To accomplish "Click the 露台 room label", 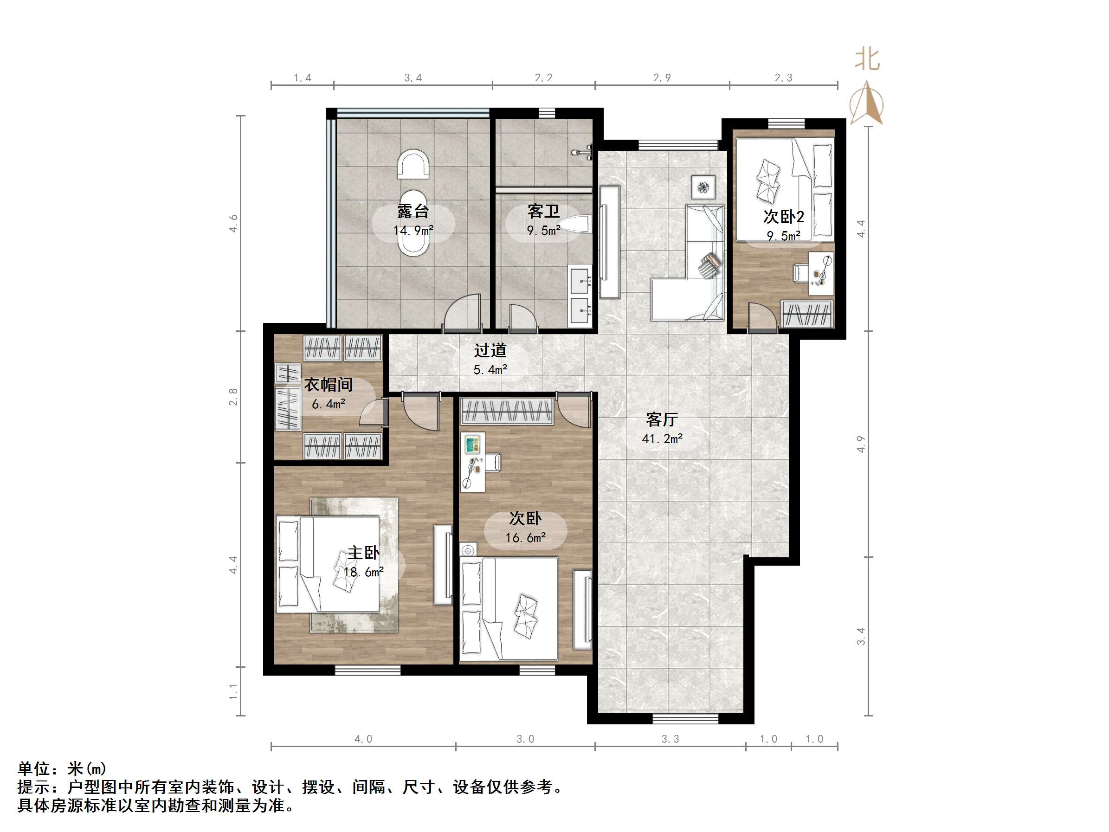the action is tap(413, 211).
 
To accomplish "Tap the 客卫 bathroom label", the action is tap(543, 211).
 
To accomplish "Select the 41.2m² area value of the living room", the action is tap(662, 439).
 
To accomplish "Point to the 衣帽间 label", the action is tap(329, 385).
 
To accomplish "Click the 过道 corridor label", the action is tap(490, 350).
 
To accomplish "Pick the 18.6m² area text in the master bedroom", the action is tap(364, 572).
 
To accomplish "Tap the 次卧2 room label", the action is tap(784, 216).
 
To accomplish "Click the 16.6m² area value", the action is tap(525, 538).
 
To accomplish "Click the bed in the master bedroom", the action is tap(328, 564).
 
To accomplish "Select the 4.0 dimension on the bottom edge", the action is tap(363, 739).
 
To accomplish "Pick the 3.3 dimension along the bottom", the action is tap(671, 739).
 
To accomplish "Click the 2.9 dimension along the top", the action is tap(662, 78).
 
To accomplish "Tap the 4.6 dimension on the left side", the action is tap(233, 223).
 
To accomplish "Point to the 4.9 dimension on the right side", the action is tap(861, 444).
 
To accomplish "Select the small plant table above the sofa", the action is tap(703, 187).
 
